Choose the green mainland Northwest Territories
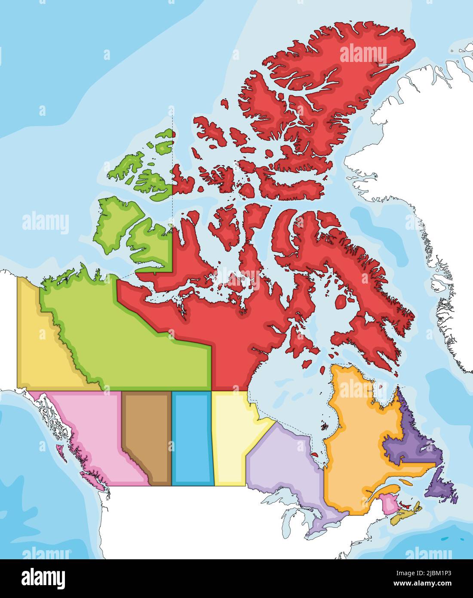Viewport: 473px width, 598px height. pyautogui.click(x=129, y=344)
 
